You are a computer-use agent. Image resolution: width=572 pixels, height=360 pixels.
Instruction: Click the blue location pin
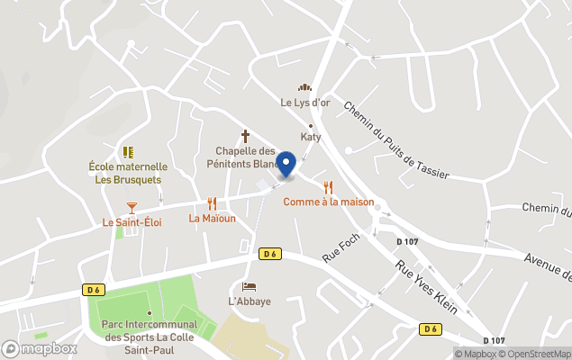click(x=286, y=164)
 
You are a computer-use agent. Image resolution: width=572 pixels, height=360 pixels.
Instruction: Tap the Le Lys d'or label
click(x=305, y=103)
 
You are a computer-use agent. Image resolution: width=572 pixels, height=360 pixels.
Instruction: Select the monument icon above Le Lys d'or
click(x=305, y=87)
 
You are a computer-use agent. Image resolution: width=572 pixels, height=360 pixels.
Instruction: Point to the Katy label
click(x=311, y=137)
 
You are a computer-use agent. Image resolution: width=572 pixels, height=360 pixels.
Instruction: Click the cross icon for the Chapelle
click(x=245, y=135)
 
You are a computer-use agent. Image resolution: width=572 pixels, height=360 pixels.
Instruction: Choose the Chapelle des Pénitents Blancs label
click(x=245, y=157)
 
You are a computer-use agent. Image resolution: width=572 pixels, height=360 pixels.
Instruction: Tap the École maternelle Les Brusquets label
click(x=128, y=173)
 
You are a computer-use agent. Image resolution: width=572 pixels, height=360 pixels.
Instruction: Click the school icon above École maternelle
click(x=128, y=152)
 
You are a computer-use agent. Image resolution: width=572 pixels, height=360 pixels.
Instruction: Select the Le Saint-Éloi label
click(x=132, y=222)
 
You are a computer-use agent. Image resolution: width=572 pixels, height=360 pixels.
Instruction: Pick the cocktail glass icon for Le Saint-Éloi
click(x=132, y=207)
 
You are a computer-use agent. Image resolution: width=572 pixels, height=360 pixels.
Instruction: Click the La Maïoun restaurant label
click(x=212, y=219)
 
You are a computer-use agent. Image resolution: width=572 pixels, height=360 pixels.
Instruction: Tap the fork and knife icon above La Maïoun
click(x=212, y=204)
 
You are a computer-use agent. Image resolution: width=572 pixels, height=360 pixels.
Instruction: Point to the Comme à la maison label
click(x=328, y=202)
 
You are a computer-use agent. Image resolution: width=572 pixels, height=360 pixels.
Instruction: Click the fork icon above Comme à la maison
click(x=328, y=187)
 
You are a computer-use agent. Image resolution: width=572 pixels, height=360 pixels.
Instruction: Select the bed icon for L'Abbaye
click(x=249, y=286)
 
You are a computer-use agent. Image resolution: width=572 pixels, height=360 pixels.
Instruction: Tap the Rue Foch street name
click(x=341, y=247)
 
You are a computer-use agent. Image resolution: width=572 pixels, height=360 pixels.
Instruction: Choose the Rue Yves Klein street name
click(x=427, y=286)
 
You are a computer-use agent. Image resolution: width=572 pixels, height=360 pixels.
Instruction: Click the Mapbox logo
click(x=40, y=348)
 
